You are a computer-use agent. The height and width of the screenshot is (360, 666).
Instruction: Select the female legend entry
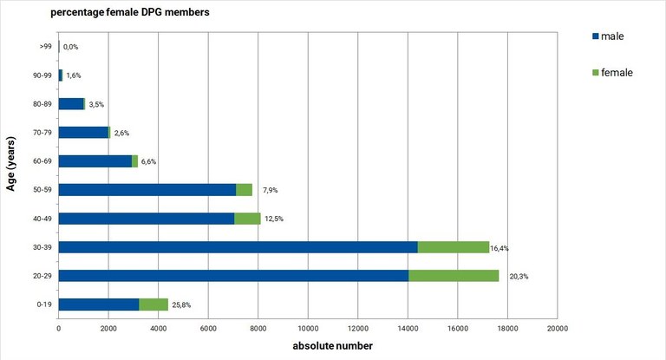(x=617, y=72)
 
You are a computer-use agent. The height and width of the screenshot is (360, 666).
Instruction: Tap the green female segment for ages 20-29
(x=454, y=276)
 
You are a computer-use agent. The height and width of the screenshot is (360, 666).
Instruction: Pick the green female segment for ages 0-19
(x=153, y=304)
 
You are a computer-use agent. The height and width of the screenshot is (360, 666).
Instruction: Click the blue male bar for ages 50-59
(x=147, y=189)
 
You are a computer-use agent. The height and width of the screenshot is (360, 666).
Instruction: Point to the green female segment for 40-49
(x=247, y=218)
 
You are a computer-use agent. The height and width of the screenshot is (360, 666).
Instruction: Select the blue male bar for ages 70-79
(x=83, y=132)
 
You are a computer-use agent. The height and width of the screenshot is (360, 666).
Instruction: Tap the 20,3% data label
(x=519, y=277)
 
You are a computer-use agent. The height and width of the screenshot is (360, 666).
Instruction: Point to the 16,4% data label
(x=499, y=248)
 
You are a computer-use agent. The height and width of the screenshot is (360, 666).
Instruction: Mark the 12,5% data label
(x=274, y=219)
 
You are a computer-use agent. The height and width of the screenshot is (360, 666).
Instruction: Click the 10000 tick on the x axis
(x=308, y=328)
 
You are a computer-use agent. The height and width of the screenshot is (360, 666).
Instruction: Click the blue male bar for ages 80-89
(x=70, y=104)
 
